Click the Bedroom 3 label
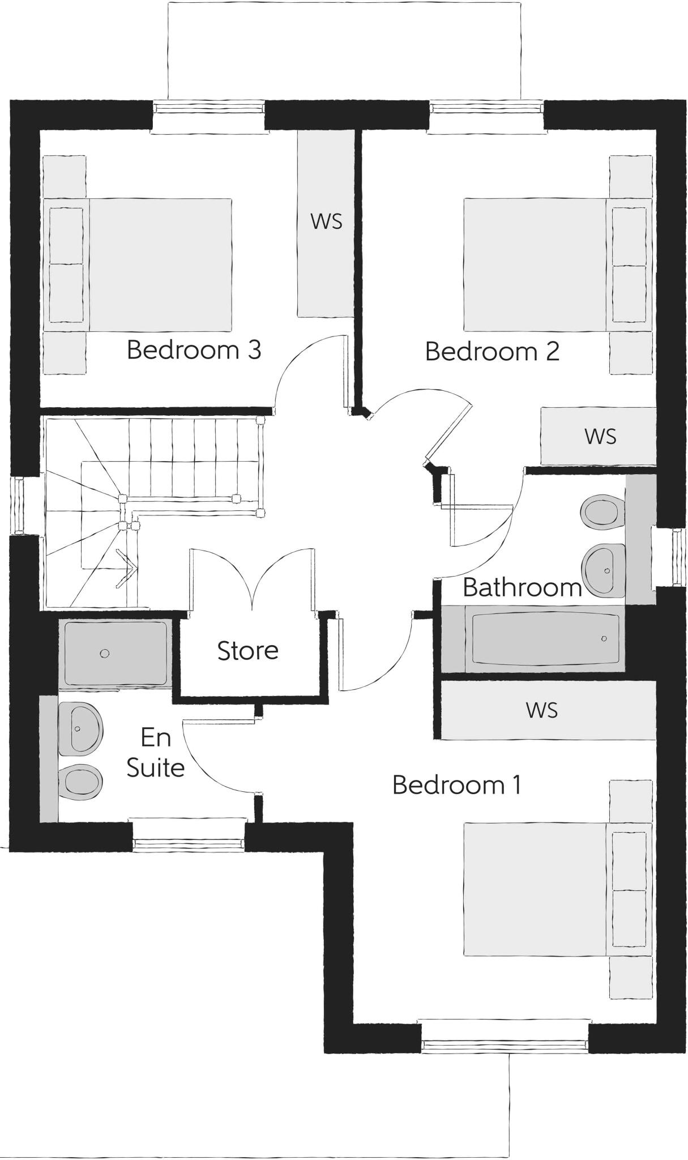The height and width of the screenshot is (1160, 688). [x=194, y=349]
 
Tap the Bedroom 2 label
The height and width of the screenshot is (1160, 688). [x=492, y=351]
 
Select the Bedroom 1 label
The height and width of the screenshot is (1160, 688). [x=456, y=785]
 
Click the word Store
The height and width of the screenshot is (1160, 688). [x=247, y=651]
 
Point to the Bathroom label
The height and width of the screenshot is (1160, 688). [x=522, y=587]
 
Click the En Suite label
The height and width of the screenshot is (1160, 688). [x=155, y=753]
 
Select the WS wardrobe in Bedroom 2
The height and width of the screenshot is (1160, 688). [x=599, y=437]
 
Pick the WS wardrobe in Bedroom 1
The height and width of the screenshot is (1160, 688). [x=542, y=710]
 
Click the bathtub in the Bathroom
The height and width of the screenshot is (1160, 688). [x=545, y=639]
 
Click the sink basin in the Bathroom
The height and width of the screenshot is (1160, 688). [x=605, y=570]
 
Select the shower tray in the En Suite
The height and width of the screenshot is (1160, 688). [x=116, y=653]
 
